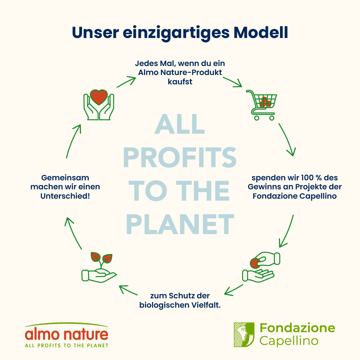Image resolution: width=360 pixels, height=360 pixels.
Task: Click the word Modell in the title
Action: tap(261, 33)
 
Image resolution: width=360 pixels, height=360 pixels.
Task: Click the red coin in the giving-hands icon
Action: tap(255, 263)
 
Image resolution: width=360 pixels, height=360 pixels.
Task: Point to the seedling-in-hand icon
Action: tap(99, 267)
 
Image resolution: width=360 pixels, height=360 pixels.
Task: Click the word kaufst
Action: tap(180, 82)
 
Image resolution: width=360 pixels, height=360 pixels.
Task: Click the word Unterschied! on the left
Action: tap(65, 196)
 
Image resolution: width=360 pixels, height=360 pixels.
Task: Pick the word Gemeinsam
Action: tap(65, 178)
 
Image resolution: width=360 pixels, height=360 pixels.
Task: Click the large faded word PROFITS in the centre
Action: tap(180, 157)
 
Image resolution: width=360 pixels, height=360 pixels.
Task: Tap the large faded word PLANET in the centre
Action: tap(180, 224)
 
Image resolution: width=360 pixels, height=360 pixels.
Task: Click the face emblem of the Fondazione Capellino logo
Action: tap(244, 335)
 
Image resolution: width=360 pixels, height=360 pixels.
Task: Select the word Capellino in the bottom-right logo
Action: tap(289, 341)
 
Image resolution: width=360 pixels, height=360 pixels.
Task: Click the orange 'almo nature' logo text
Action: tap(67, 334)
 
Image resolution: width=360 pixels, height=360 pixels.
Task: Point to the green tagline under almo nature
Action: tap(67, 346)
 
